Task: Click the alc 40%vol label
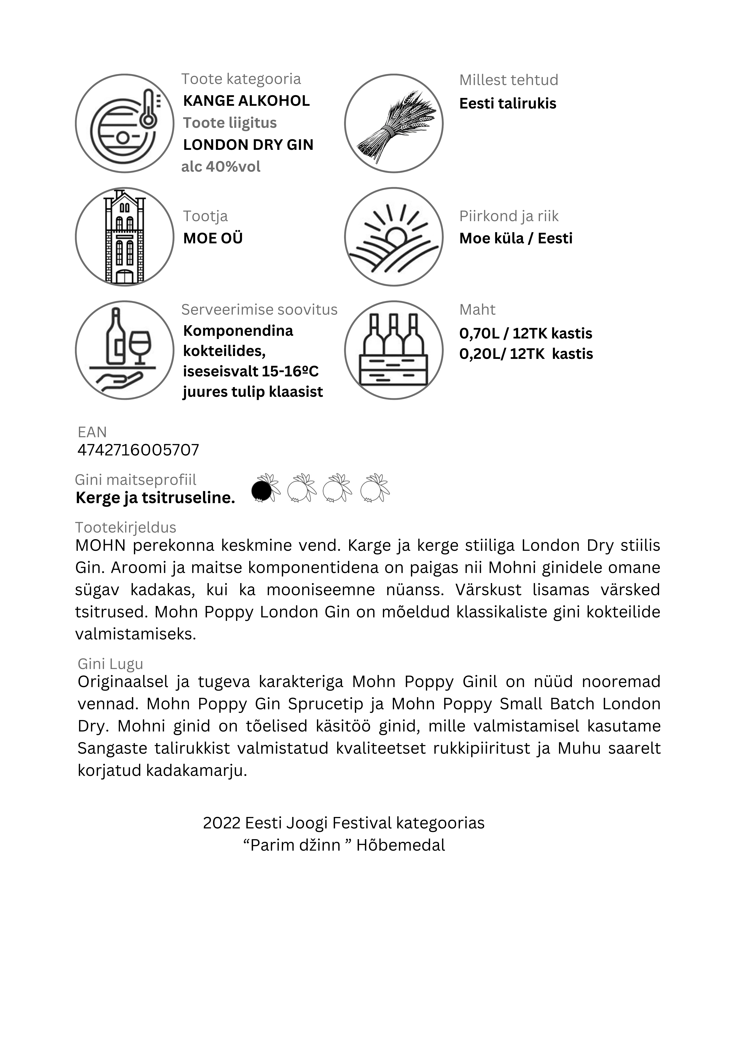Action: point(221,167)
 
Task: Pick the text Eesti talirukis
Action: point(508,103)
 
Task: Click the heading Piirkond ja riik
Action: point(509,217)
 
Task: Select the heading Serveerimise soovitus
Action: point(259,310)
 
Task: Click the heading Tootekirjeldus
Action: point(126,528)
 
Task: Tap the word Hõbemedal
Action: point(400,845)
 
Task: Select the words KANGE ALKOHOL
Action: point(246,101)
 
